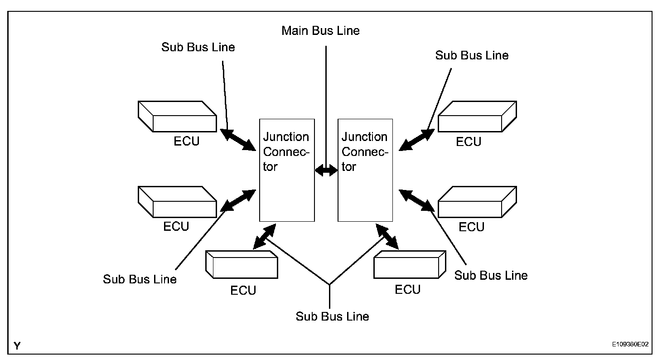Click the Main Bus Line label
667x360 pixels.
click(x=320, y=31)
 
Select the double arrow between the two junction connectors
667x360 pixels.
click(x=326, y=170)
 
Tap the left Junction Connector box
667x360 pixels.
click(x=287, y=170)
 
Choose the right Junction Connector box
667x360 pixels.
click(x=365, y=170)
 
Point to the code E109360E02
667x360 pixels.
click(x=630, y=345)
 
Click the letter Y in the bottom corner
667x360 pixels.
click(x=17, y=346)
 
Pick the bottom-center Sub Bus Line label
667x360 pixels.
click(x=332, y=316)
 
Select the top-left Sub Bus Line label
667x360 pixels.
click(x=198, y=47)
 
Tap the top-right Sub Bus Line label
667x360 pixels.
click(x=472, y=55)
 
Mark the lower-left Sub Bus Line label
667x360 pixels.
click(x=140, y=279)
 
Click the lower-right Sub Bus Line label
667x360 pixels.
click(x=491, y=275)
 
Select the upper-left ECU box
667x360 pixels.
click(x=176, y=116)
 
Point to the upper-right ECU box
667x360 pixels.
click(x=477, y=116)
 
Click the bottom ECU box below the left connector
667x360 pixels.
click(x=242, y=264)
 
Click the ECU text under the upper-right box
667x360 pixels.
click(x=469, y=142)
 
